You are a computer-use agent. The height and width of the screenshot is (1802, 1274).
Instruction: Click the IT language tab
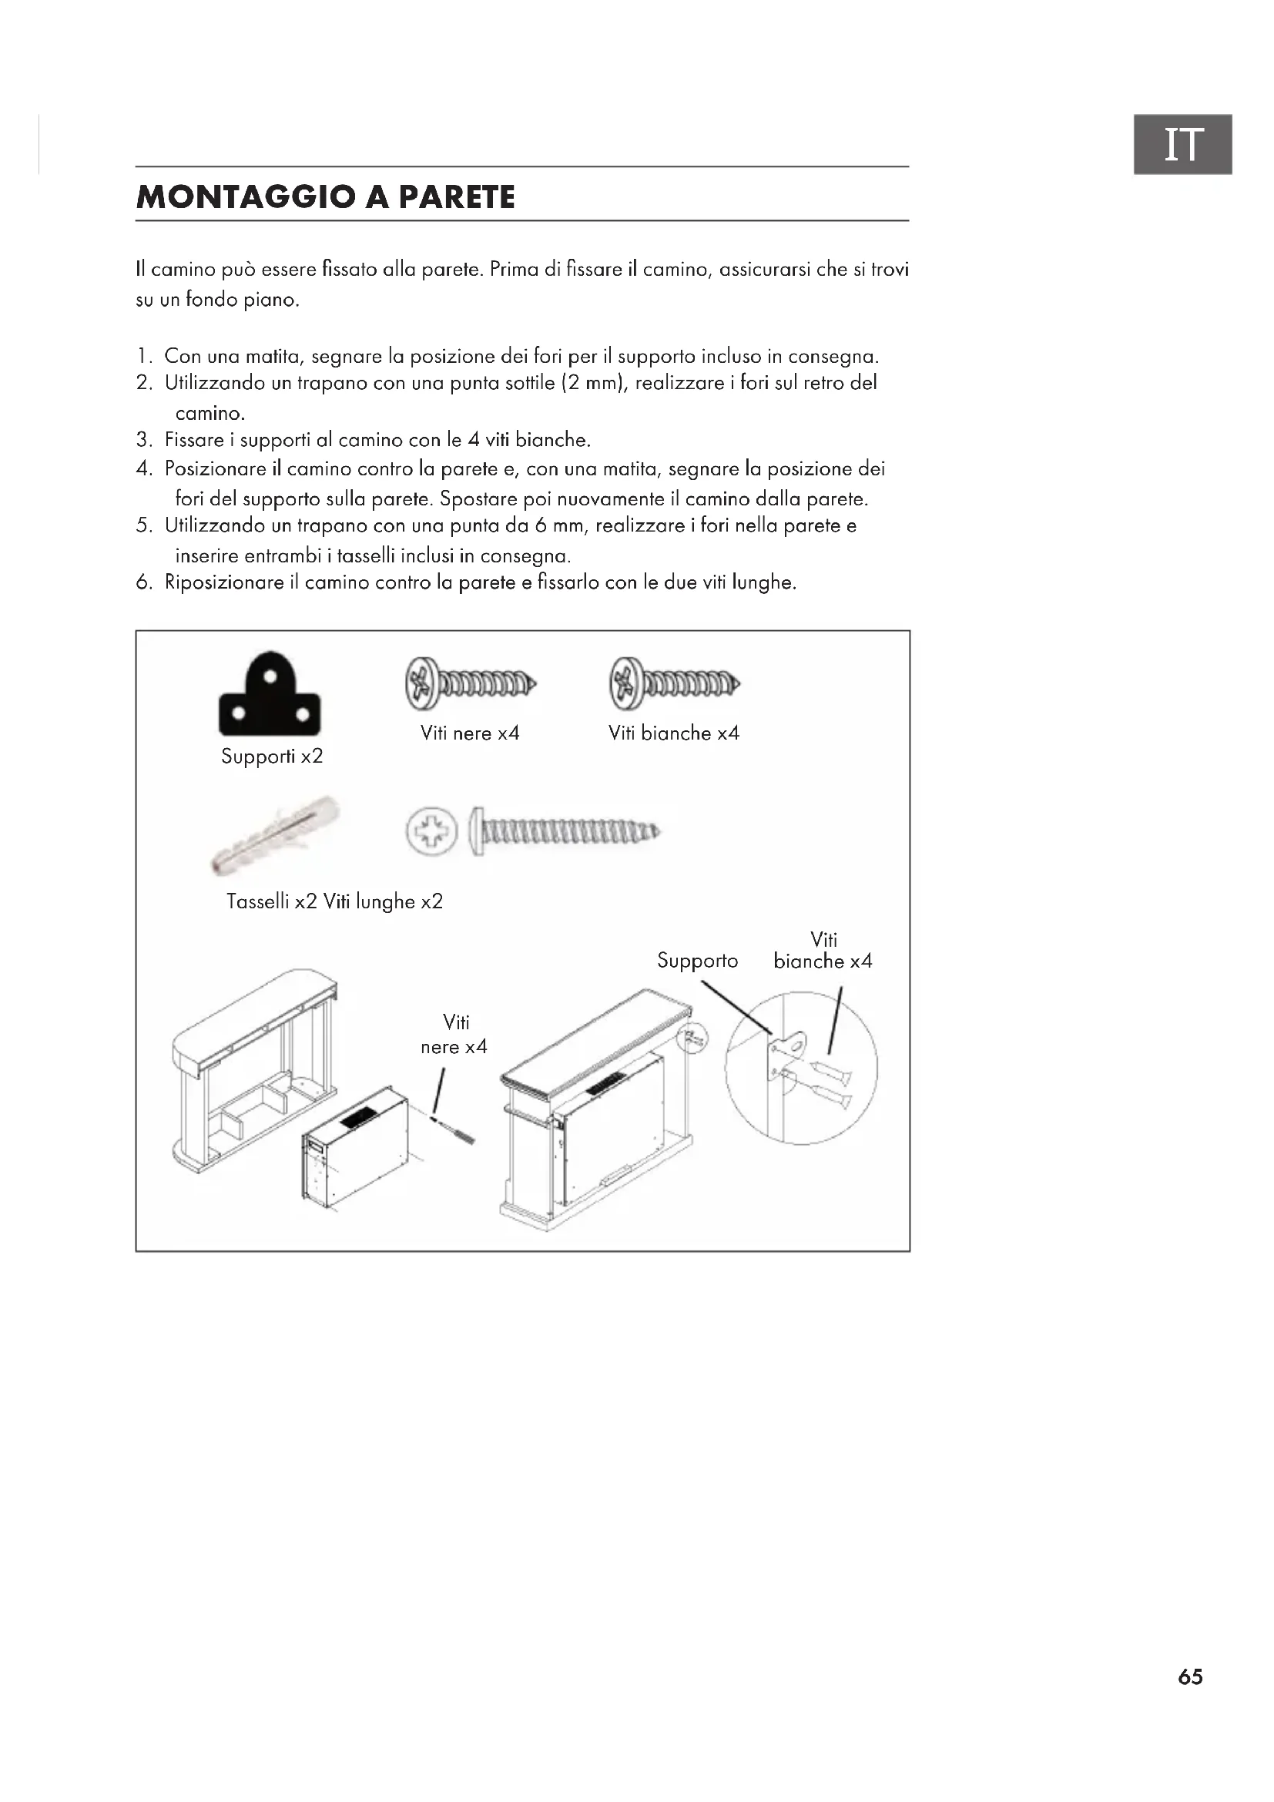point(1182,144)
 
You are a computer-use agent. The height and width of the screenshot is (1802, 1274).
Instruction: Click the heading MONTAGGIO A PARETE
point(326,196)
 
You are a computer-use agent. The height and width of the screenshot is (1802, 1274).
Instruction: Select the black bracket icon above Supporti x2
point(270,696)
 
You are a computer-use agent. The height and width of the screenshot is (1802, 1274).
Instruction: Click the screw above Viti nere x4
point(471,683)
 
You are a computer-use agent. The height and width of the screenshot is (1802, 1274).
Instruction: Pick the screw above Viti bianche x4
point(675,683)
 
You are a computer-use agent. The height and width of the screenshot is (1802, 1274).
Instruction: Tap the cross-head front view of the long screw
point(431,831)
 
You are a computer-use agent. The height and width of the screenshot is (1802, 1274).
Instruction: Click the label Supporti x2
point(271,757)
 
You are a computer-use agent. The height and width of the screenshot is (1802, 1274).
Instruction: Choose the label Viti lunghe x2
point(383,902)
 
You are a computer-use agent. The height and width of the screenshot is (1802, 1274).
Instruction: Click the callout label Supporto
point(697,961)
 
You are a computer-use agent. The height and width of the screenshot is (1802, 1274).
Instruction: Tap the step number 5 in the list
point(142,526)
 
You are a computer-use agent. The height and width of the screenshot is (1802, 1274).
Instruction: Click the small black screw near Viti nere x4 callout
point(455,1130)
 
